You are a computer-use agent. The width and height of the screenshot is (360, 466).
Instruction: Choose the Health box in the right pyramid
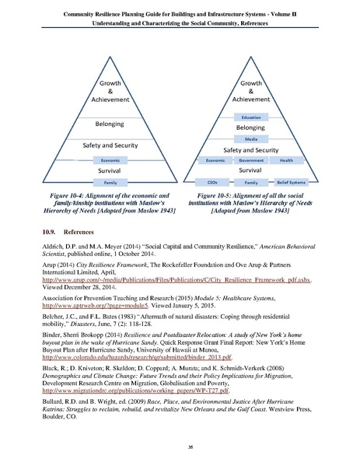click(x=286, y=159)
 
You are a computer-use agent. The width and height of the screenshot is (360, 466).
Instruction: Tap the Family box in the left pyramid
click(x=110, y=181)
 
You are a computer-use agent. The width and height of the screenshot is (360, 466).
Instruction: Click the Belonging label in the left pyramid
click(x=110, y=123)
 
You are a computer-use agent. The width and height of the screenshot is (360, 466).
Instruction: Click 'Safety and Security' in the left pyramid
click(x=110, y=145)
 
